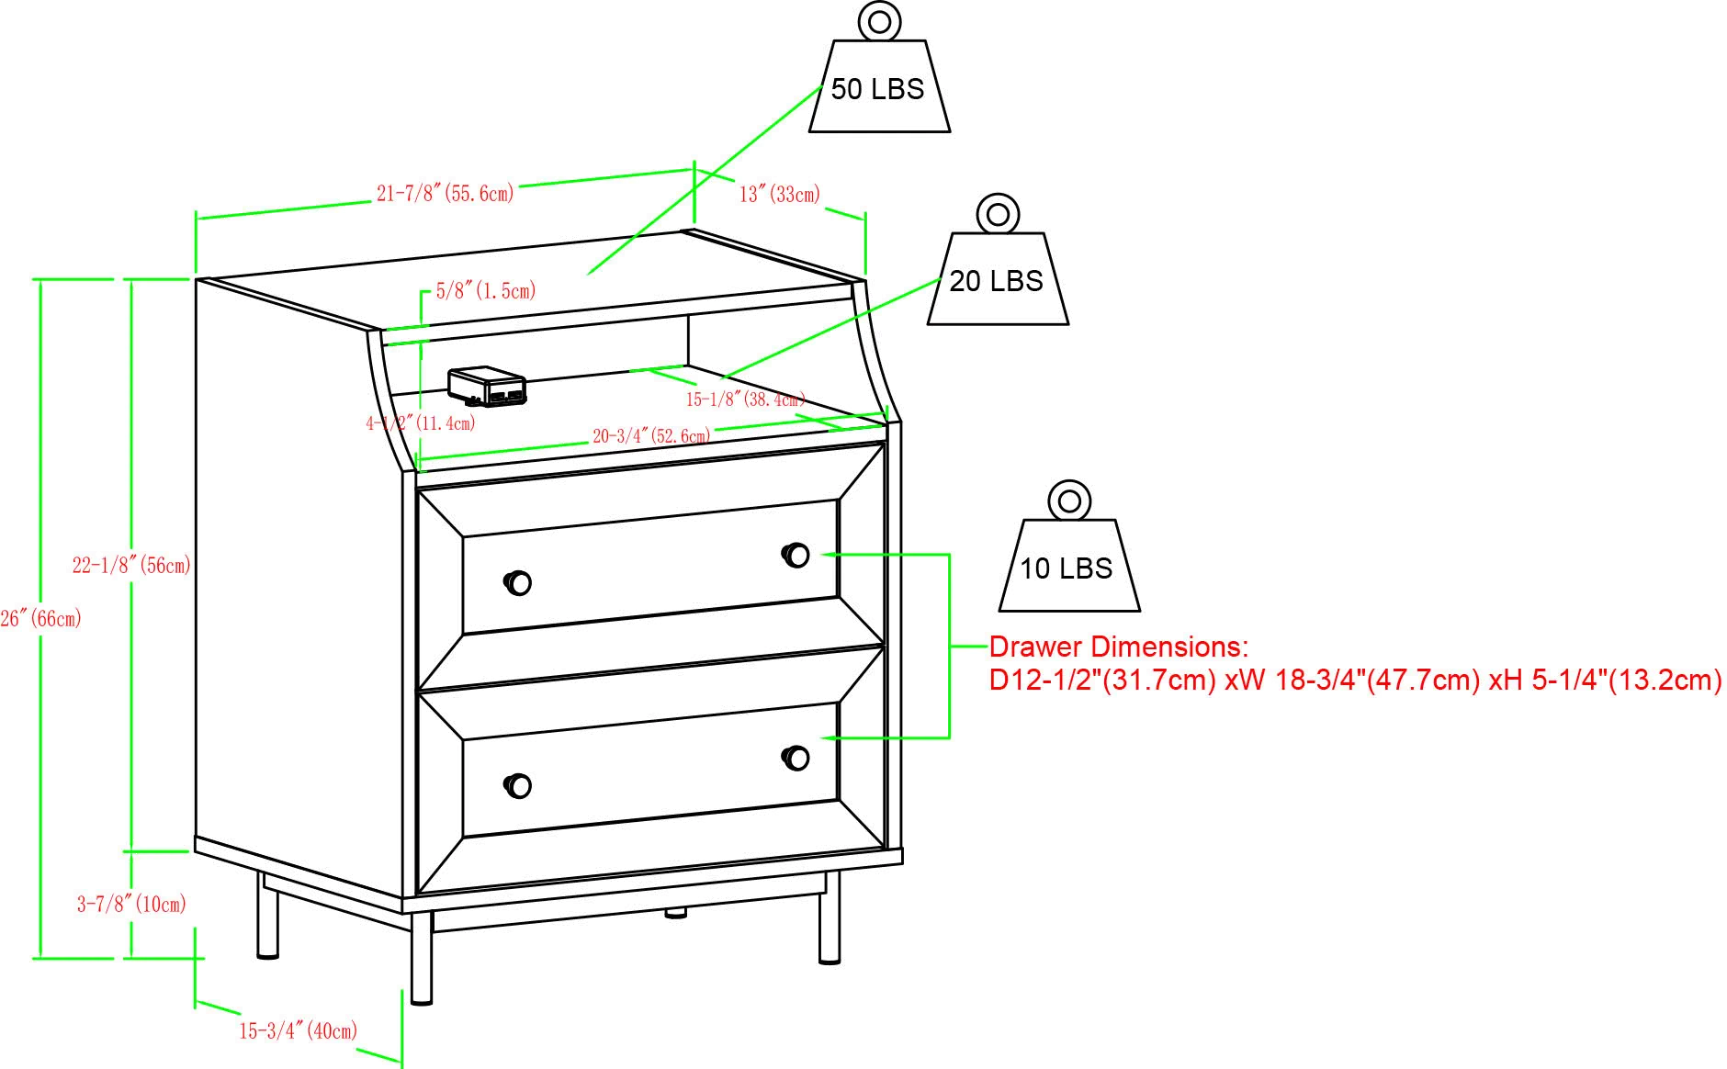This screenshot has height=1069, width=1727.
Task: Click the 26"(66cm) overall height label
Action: click(x=40, y=619)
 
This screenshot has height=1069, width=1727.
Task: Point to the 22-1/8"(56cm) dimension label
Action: click(x=131, y=566)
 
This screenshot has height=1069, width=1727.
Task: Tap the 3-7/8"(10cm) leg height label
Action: click(x=131, y=905)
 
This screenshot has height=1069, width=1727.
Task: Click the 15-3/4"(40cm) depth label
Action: click(x=299, y=1030)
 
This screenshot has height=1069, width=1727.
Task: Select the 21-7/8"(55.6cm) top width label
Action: click(x=445, y=193)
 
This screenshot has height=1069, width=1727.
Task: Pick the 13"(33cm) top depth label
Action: click(x=780, y=194)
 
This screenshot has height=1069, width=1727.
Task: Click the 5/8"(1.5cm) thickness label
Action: click(x=485, y=291)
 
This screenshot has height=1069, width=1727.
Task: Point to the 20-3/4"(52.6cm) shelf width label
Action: click(x=651, y=435)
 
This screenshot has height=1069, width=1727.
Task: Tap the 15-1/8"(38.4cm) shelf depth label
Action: click(x=746, y=399)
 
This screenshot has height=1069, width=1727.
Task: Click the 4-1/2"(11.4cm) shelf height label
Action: click(x=421, y=423)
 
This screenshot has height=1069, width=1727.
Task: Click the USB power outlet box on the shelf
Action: click(x=487, y=387)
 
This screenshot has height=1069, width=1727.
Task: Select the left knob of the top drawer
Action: click(x=517, y=582)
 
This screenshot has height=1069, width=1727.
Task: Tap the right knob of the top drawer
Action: click(x=796, y=555)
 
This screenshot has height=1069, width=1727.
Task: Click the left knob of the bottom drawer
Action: click(x=517, y=785)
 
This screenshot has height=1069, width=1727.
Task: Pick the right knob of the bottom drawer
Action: click(x=796, y=758)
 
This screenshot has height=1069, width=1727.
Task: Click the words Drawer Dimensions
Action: click(x=1119, y=647)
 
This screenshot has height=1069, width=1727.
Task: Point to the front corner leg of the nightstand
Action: click(x=421, y=958)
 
